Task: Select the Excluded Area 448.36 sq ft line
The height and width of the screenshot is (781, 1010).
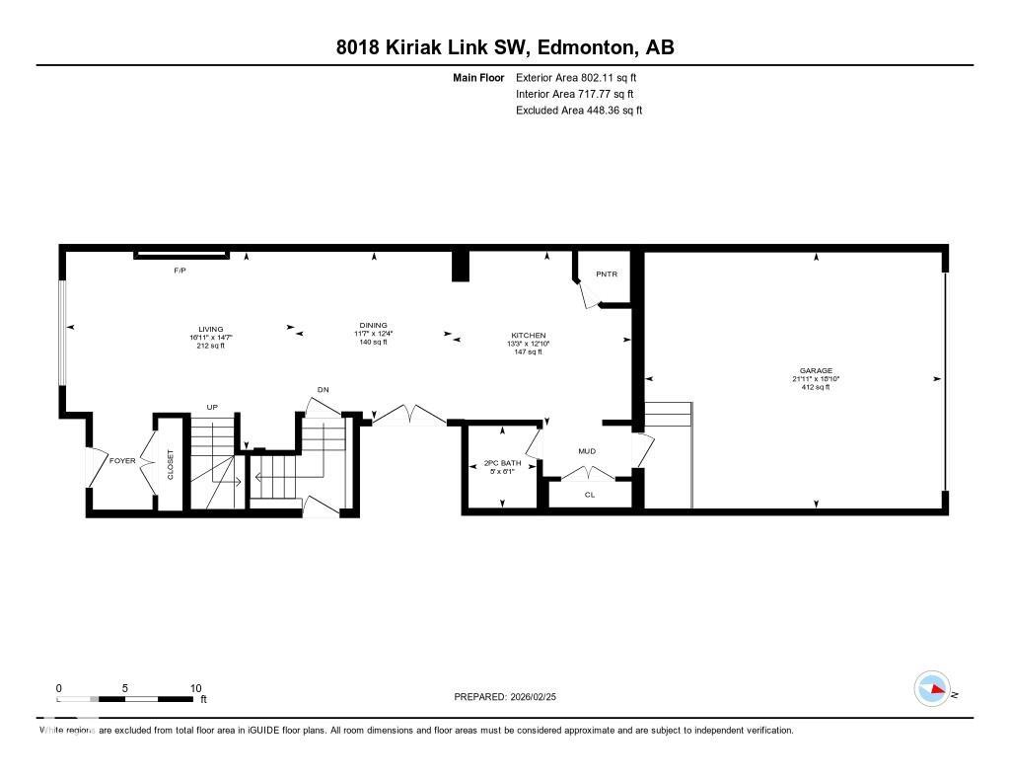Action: (x=579, y=111)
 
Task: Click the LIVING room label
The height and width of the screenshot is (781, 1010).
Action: (x=210, y=330)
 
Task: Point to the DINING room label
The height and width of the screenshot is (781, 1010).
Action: (x=373, y=325)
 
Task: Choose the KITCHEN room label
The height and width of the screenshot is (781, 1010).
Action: (x=528, y=336)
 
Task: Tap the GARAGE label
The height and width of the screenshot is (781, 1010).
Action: (x=816, y=371)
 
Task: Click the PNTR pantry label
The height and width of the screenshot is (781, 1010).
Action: (x=606, y=273)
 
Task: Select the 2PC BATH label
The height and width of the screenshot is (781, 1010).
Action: (x=502, y=463)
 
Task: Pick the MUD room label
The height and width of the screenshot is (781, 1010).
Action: (x=587, y=451)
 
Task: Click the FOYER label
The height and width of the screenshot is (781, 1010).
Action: (x=122, y=460)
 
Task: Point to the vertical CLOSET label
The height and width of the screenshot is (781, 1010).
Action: (x=171, y=465)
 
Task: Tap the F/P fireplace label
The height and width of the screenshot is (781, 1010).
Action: (x=180, y=271)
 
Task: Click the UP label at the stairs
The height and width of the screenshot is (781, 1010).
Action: (x=211, y=407)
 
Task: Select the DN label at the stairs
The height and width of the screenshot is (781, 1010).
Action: (x=323, y=389)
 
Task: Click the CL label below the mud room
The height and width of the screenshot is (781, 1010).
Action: (x=589, y=494)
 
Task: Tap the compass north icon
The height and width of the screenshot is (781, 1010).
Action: (x=932, y=689)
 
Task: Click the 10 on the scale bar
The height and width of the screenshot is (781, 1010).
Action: (x=195, y=688)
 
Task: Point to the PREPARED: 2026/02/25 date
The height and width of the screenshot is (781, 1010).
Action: (x=511, y=696)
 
